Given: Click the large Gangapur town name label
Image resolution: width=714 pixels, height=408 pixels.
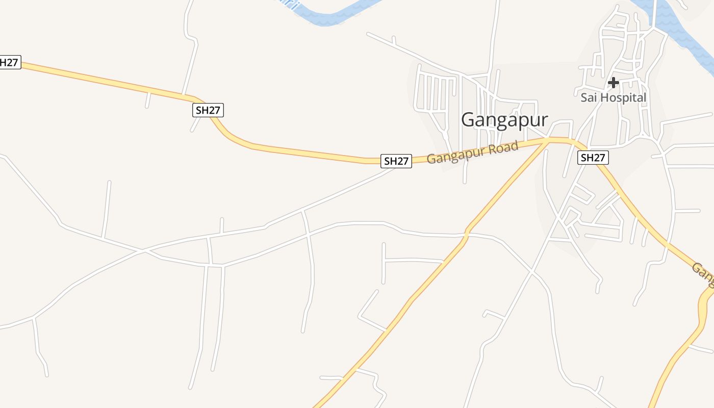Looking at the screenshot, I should (504, 120).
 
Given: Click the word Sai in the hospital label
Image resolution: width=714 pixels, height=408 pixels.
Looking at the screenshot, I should (589, 97).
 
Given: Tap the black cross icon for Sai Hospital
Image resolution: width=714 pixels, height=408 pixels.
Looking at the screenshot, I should (614, 82).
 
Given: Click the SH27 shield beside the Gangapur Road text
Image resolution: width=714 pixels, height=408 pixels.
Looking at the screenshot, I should (396, 161).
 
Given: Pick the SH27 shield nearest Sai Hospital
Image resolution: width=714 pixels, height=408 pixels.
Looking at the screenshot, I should (593, 158).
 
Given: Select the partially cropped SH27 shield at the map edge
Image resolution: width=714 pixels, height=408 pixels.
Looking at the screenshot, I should (9, 63).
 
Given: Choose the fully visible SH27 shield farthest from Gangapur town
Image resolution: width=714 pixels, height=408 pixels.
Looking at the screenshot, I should (208, 110).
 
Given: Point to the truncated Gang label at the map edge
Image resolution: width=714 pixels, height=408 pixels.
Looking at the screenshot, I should (703, 272).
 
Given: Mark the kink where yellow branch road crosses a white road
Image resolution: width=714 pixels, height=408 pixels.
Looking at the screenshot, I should (467, 234).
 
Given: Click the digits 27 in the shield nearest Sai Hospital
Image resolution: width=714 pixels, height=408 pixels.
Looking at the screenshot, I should (598, 158).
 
